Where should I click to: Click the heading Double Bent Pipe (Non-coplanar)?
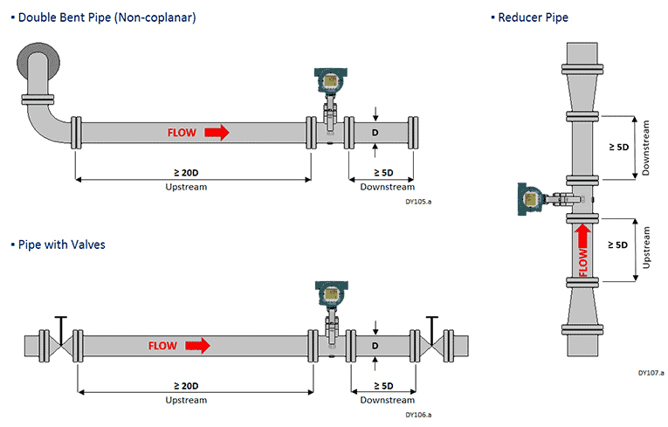[x=110, y=17]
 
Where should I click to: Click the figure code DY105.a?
[x=418, y=200]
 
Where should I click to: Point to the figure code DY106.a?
[x=418, y=414]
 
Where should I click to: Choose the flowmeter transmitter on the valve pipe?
[x=328, y=294]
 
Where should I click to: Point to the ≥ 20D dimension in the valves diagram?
[x=186, y=385]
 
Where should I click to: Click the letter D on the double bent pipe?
[x=375, y=133]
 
